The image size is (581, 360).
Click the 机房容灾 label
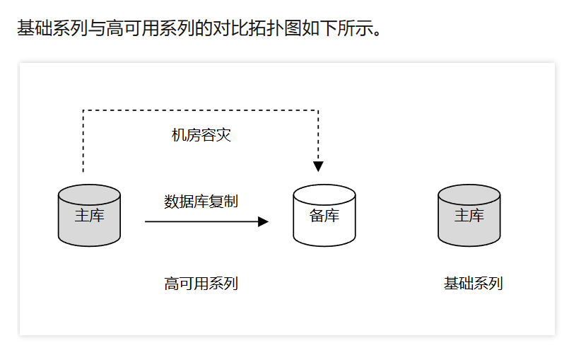[x=201, y=135]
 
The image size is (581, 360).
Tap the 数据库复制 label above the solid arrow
[x=201, y=202]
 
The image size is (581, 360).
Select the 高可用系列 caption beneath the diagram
[x=201, y=284]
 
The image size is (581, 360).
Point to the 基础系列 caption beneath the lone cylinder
[x=473, y=284]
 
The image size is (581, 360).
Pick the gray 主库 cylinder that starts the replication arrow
[x=89, y=216]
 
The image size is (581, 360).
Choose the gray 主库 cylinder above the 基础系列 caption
[x=469, y=216]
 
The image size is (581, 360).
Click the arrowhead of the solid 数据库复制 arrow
[x=264, y=221]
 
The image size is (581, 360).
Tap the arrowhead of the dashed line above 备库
[x=318, y=166]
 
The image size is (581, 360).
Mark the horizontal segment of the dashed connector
[x=201, y=110]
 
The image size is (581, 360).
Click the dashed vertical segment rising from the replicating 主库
[x=83, y=141]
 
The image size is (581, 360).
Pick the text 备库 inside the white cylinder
[x=324, y=216]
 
